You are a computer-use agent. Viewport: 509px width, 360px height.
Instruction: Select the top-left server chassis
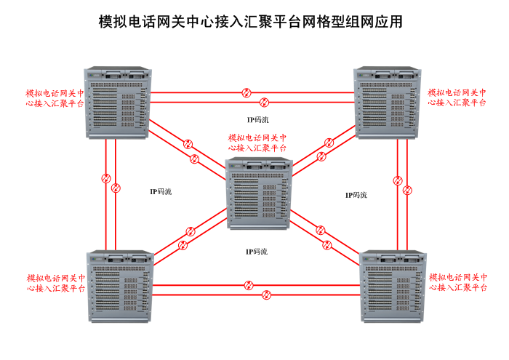(117, 103)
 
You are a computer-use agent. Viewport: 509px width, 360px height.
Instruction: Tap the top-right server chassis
(387, 103)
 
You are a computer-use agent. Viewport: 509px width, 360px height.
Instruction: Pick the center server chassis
(260, 193)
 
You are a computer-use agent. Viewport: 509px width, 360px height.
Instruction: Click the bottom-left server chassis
(119, 285)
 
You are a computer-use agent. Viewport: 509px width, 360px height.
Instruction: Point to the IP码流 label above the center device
(257, 119)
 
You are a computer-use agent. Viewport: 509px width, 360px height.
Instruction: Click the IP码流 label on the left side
(161, 192)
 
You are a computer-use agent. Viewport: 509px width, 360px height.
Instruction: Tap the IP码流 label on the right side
(356, 195)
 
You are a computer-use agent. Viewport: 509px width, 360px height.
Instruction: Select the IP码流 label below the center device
(257, 252)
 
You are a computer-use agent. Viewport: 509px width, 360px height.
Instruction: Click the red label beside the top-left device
(55, 98)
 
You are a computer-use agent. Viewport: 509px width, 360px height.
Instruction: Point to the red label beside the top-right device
(457, 98)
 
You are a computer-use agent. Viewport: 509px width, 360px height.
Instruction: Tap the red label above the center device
(257, 142)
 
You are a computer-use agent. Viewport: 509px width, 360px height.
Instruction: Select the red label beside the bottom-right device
(458, 282)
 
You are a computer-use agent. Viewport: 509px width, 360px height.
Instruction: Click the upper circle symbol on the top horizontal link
(247, 92)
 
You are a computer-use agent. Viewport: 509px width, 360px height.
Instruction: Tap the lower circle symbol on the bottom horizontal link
(266, 295)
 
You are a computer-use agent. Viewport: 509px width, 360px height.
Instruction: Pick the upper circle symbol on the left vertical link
(106, 177)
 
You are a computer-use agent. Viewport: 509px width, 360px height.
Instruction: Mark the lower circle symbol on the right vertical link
(407, 191)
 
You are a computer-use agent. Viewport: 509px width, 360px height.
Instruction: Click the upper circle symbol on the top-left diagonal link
(188, 143)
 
